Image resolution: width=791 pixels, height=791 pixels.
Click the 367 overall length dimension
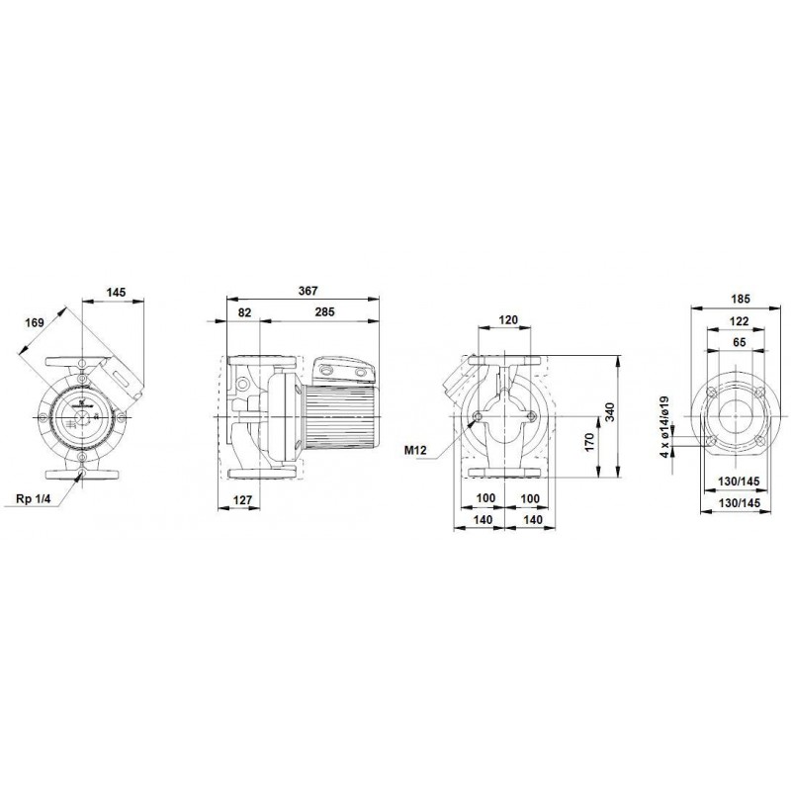click(x=308, y=291)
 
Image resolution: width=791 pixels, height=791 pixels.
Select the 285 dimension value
click(x=324, y=311)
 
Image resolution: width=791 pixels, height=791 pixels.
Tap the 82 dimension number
click(x=244, y=312)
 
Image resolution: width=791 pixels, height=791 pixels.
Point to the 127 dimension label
click(x=242, y=500)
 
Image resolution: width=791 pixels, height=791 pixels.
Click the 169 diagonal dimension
click(x=35, y=322)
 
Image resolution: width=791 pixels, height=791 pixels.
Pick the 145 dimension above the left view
click(x=116, y=292)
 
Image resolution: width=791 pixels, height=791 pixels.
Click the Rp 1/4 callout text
click(x=34, y=499)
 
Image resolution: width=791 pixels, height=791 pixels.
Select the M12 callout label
click(x=415, y=450)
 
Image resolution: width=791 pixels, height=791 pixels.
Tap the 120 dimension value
click(x=508, y=319)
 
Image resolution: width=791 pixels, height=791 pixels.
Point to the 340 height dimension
click(x=609, y=412)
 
